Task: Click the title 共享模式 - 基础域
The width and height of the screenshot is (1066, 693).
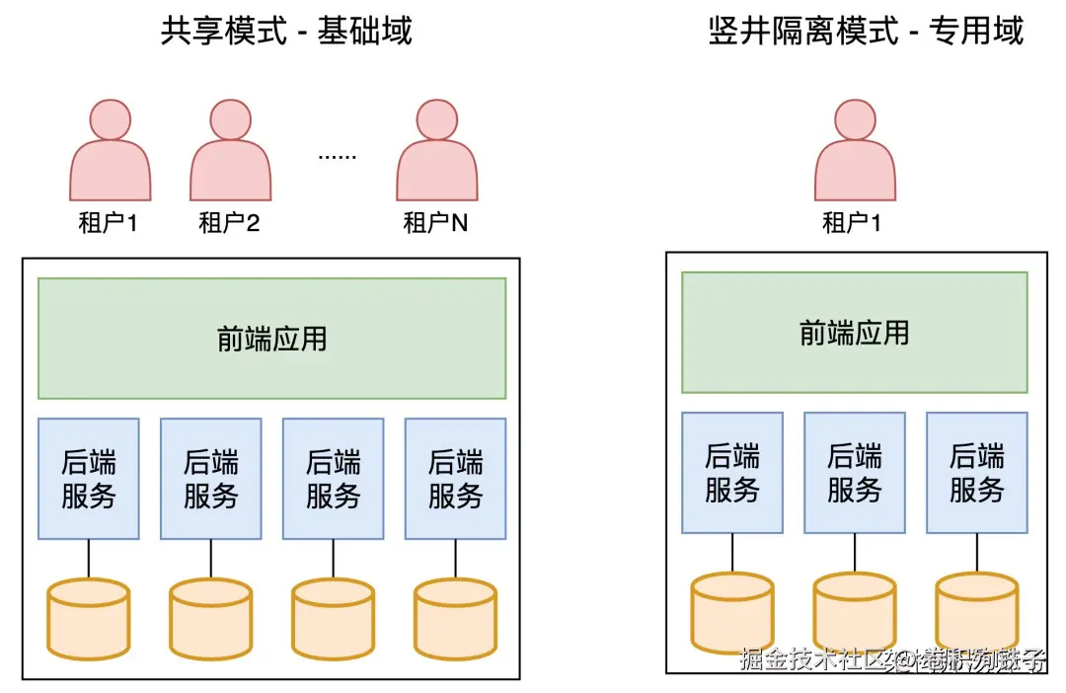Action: coord(285,31)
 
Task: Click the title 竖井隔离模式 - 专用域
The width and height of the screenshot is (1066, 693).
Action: coord(866,31)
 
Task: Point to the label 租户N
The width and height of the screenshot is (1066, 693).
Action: coord(435,223)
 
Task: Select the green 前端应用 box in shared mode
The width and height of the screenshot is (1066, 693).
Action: coord(271,339)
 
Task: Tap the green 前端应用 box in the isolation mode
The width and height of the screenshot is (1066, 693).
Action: coord(854,333)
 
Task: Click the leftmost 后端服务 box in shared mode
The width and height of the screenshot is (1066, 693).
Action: coord(89,479)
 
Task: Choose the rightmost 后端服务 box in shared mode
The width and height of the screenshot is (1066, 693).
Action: coord(455,479)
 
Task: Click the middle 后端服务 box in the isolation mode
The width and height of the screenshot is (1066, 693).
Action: coord(854,472)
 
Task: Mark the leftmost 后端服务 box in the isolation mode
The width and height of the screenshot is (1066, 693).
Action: coord(732,472)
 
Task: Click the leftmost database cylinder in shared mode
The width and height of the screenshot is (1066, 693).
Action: coord(89,619)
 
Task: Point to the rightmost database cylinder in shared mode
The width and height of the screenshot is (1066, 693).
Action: coord(455,619)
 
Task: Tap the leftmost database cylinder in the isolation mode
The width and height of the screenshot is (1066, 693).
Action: coord(732,612)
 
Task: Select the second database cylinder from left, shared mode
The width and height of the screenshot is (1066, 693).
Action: coord(211,619)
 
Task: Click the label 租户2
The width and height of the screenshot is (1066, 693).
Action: coord(229,223)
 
